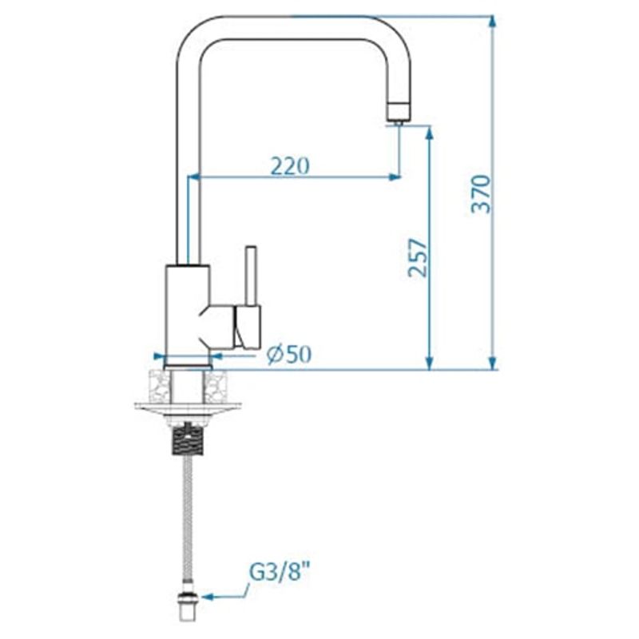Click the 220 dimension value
point(289,166)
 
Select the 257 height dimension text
point(417,257)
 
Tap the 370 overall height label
point(481,193)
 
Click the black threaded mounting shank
point(189,439)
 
